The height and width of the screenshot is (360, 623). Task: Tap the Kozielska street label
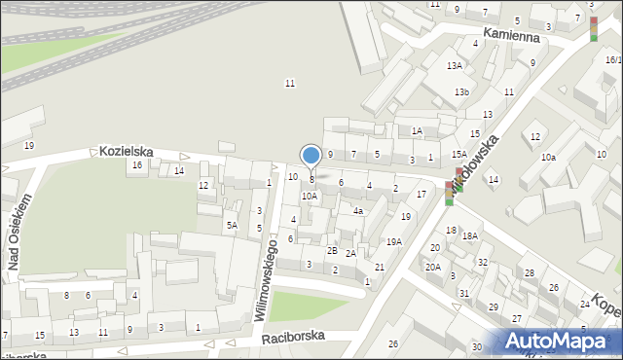click(127, 152)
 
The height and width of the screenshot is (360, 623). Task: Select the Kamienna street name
click(511, 34)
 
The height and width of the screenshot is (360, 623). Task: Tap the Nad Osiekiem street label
click(19, 231)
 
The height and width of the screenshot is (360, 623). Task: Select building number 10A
click(309, 196)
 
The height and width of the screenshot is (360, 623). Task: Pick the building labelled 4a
click(358, 210)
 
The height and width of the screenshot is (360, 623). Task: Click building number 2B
click(332, 251)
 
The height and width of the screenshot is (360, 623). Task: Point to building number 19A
click(393, 241)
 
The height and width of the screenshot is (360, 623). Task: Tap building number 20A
click(433, 267)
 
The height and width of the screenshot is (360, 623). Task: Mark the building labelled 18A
click(470, 235)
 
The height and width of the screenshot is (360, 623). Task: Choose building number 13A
click(455, 65)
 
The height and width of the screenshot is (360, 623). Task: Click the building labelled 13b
click(461, 92)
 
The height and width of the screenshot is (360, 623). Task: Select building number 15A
click(458, 154)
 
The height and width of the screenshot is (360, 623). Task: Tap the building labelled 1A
click(417, 130)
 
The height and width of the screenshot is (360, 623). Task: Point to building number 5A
click(232, 226)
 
